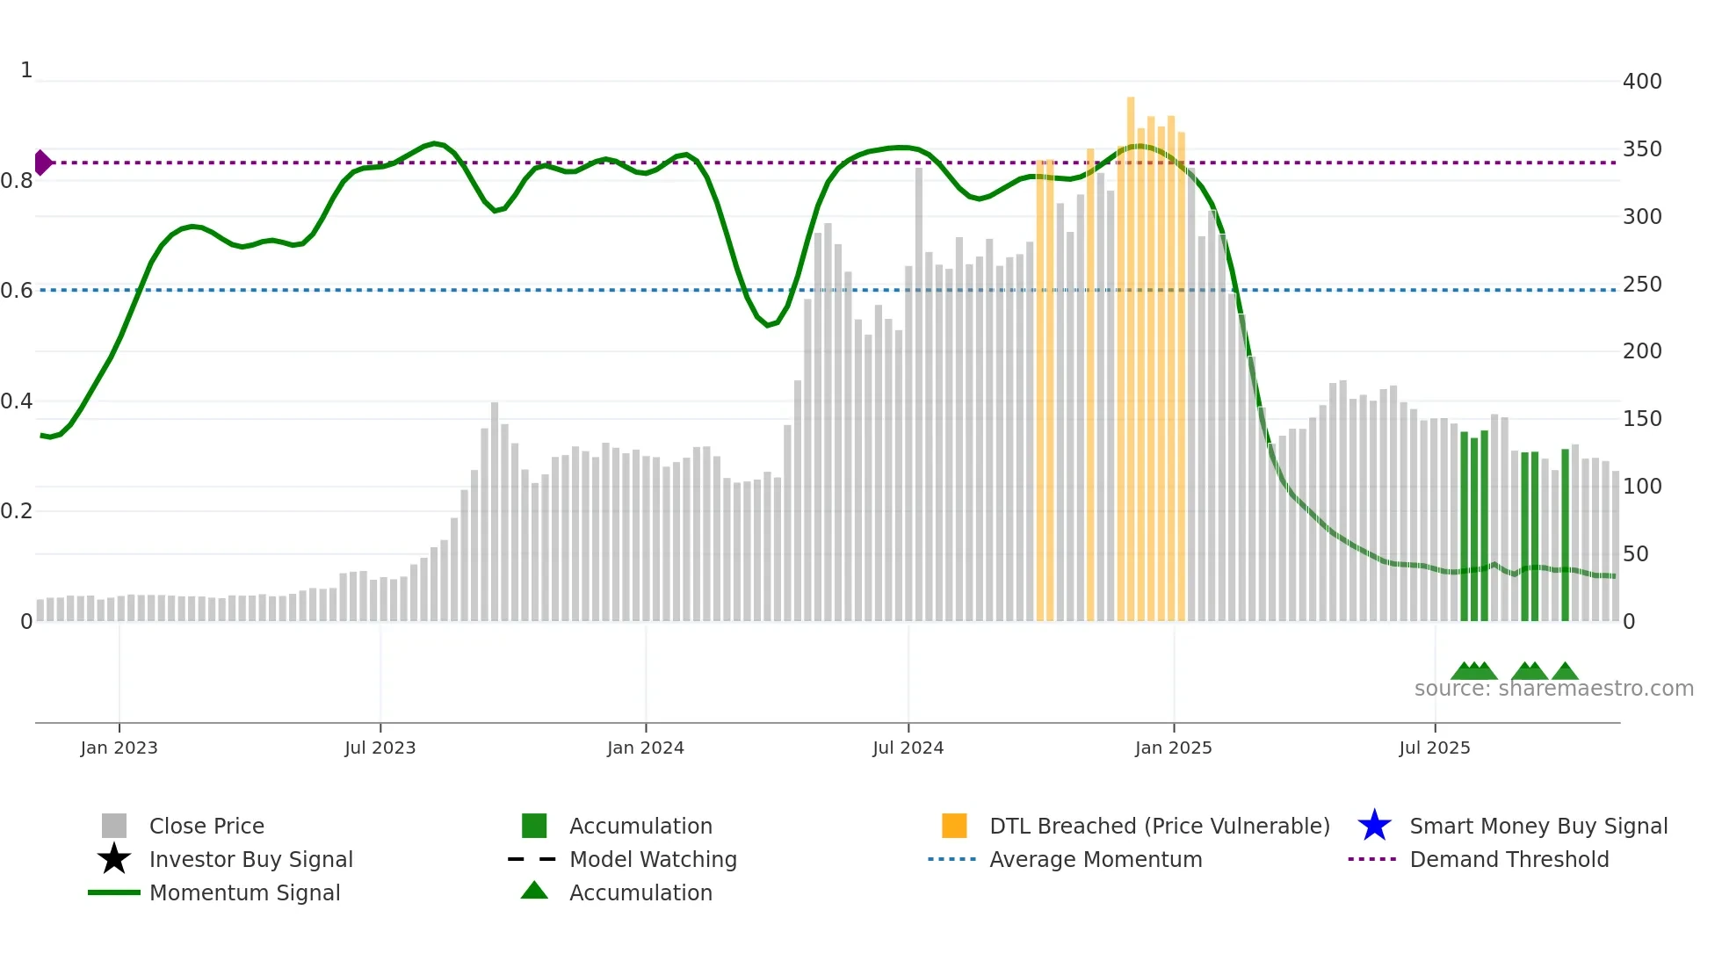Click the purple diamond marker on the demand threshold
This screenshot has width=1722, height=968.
(x=42, y=163)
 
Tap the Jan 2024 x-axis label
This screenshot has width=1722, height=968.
(x=645, y=748)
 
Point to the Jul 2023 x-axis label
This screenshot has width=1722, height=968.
(x=380, y=748)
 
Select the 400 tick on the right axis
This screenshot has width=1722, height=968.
(x=1641, y=82)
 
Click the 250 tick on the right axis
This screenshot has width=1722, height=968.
(x=1641, y=285)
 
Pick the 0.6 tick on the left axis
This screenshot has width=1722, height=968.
(x=16, y=291)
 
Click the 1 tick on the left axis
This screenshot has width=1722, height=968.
(x=26, y=70)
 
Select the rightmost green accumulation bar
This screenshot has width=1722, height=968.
(x=1565, y=536)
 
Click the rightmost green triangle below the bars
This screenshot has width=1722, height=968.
(x=1565, y=672)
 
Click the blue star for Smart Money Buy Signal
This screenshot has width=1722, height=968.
(x=1374, y=826)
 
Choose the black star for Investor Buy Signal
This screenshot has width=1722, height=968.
(x=114, y=859)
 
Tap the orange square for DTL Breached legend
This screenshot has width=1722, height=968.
(x=954, y=826)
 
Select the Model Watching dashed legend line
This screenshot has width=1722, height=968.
(x=532, y=859)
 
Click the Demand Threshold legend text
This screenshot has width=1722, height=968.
(x=1509, y=859)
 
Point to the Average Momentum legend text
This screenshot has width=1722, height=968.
(x=1095, y=859)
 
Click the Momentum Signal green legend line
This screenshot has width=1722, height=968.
(x=114, y=892)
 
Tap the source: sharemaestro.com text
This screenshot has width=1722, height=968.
(x=1553, y=689)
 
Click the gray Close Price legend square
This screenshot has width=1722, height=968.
(x=114, y=826)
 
